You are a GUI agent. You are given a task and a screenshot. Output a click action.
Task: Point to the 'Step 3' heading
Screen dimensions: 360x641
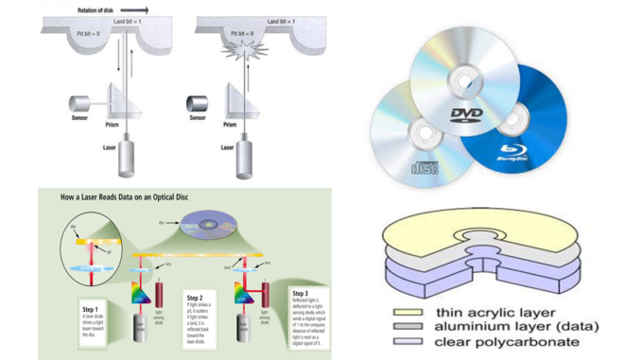[x=302, y=293]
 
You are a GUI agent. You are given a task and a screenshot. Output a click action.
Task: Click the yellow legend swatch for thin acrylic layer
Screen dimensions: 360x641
[x=410, y=312]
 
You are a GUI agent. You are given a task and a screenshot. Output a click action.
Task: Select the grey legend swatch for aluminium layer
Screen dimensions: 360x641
[x=410, y=328]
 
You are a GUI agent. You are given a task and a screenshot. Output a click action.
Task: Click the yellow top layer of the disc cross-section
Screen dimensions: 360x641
[x=444, y=232]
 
